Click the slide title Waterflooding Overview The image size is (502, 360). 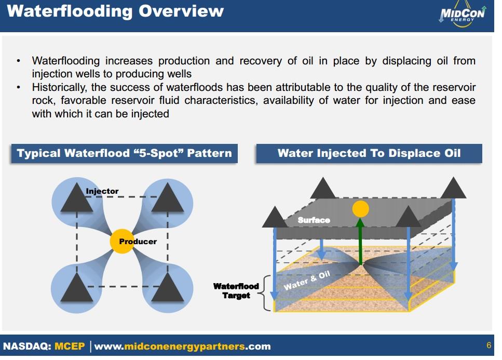[115, 11]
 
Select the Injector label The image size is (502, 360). [102, 191]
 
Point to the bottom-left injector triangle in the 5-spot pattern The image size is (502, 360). [76, 288]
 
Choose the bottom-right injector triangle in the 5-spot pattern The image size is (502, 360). [167, 288]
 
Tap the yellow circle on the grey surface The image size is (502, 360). [360, 209]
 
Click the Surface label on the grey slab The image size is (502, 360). [314, 220]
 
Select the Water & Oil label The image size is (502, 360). [307, 281]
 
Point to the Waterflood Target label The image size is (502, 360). [236, 291]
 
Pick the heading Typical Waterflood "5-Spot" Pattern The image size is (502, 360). [125, 153]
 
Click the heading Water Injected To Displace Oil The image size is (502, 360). [369, 153]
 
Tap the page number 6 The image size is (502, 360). [489, 345]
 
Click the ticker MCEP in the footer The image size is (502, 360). [69, 346]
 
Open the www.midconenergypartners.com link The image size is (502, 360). [182, 346]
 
